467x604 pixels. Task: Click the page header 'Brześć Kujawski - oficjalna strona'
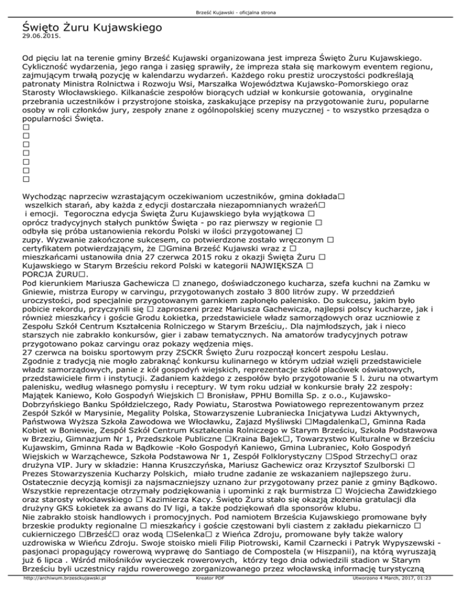coord(233,5)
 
